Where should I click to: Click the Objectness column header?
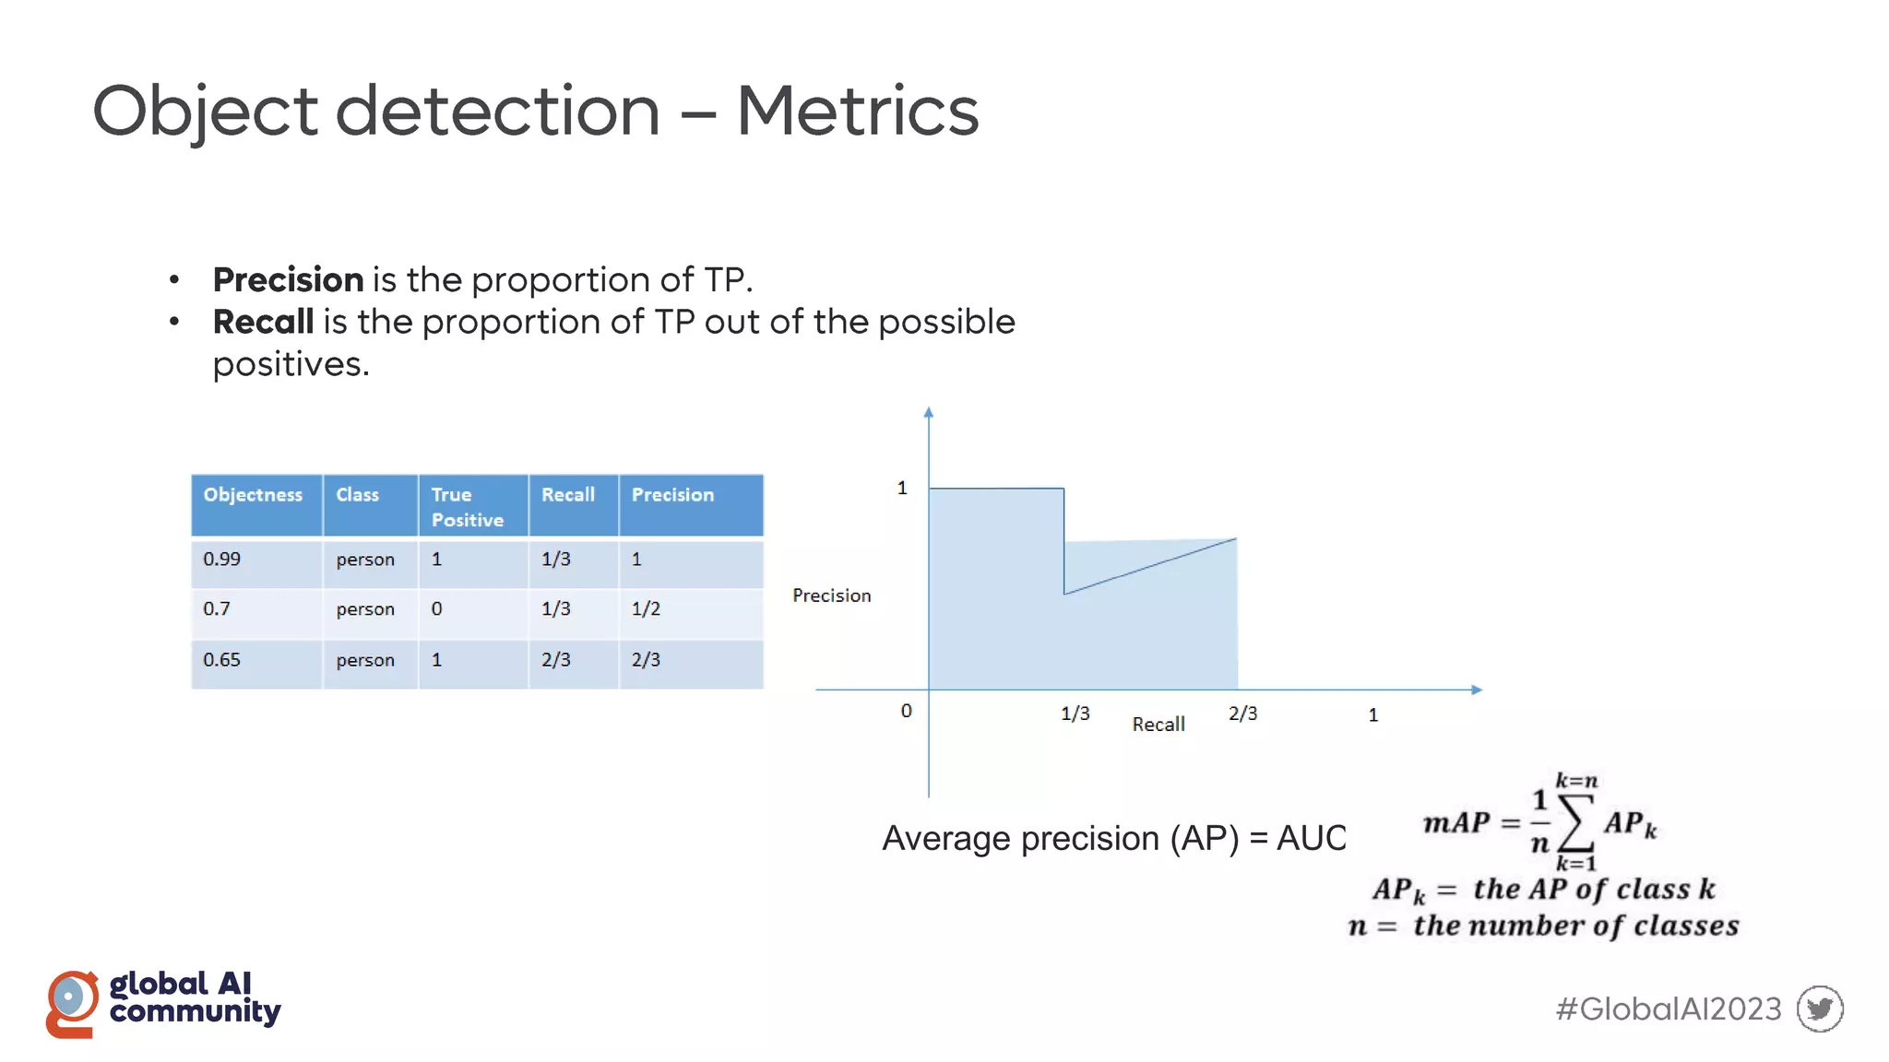(x=253, y=495)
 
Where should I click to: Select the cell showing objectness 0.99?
(x=222, y=560)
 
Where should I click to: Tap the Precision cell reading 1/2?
(x=646, y=609)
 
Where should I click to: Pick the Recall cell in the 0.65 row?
(x=555, y=660)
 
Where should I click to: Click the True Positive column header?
(x=467, y=507)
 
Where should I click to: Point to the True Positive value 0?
(x=436, y=609)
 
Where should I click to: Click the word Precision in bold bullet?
(x=288, y=279)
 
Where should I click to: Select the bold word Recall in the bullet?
(x=263, y=322)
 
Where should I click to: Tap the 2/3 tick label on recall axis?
(x=1242, y=714)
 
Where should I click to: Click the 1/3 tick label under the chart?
(x=1075, y=714)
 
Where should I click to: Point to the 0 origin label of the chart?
(x=906, y=711)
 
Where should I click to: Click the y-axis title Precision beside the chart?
(x=831, y=596)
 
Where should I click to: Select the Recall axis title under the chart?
(x=1158, y=725)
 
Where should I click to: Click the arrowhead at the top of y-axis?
(x=929, y=413)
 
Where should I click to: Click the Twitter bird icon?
(x=1820, y=1009)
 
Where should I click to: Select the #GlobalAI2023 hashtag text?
(x=1668, y=1009)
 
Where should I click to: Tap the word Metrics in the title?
(x=857, y=112)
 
